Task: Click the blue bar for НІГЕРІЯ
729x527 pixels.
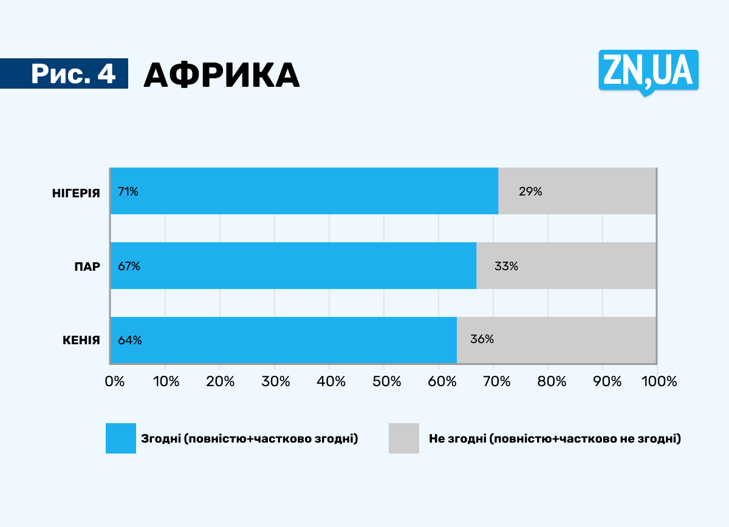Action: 304,191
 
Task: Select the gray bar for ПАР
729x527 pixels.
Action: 566,266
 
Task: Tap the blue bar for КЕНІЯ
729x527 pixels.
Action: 283,340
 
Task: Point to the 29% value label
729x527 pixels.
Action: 530,192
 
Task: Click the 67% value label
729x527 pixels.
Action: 129,267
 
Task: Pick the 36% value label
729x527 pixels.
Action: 482,339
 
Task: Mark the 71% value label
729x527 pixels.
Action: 128,192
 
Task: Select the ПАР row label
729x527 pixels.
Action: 87,267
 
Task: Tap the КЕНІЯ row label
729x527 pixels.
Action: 81,340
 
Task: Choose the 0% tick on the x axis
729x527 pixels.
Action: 114,381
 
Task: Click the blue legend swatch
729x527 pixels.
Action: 121,438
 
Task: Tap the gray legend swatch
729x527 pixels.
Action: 404,438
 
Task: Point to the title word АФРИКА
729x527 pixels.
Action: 222,75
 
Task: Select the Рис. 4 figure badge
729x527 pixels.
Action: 73,73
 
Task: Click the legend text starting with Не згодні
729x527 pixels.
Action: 555,438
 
